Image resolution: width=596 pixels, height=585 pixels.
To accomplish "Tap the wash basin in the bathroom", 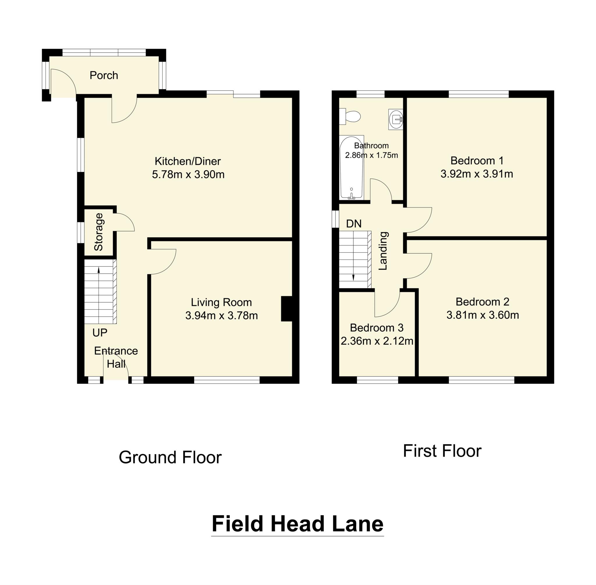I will coord(396,119).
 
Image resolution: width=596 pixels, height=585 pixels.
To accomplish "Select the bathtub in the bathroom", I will coord(351,168).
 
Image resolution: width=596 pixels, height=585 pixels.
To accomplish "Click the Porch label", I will coord(104,75).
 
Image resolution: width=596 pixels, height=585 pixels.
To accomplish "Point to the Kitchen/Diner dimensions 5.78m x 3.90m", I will coord(188,175).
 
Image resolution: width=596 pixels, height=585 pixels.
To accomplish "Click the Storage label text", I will coord(99,232).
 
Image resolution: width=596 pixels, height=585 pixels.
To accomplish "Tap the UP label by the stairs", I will coord(100,333).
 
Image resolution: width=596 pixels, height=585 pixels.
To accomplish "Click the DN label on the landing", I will coord(354,224).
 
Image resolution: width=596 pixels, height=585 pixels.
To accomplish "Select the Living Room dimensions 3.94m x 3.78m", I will coord(221,316).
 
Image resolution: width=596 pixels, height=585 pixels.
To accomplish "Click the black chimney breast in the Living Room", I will coord(286,308).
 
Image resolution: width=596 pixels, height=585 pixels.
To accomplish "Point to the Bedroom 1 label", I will coord(477,160).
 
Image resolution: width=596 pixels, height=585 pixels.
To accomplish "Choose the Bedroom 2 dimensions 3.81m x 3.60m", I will coord(483,315).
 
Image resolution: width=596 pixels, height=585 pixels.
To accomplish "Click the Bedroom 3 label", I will coord(376,328).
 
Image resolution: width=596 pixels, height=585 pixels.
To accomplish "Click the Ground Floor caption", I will coord(170,457).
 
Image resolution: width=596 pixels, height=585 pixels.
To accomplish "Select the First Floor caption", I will coord(442,451).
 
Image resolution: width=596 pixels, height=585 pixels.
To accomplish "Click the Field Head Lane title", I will coord(297,524).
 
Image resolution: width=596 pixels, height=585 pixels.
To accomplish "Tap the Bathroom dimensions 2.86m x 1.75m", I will coord(371,155).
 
